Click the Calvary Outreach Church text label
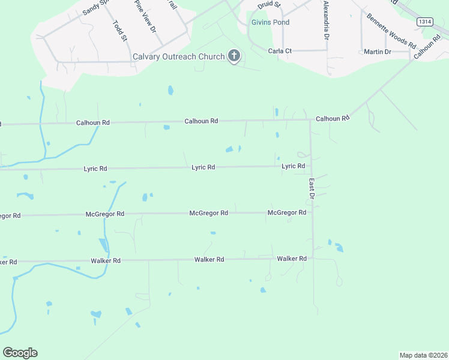(178, 57)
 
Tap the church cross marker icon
(234, 57)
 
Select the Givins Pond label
(270, 23)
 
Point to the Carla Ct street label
(280, 51)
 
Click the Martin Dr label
(378, 52)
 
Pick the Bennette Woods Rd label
(391, 31)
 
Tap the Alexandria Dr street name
(326, 20)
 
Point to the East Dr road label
(312, 188)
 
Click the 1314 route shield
(425, 22)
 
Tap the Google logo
(20, 353)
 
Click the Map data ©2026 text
(423, 355)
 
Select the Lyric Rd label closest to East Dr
(294, 166)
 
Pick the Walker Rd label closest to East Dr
(292, 259)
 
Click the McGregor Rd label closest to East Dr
(287, 212)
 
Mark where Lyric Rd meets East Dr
(310, 167)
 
